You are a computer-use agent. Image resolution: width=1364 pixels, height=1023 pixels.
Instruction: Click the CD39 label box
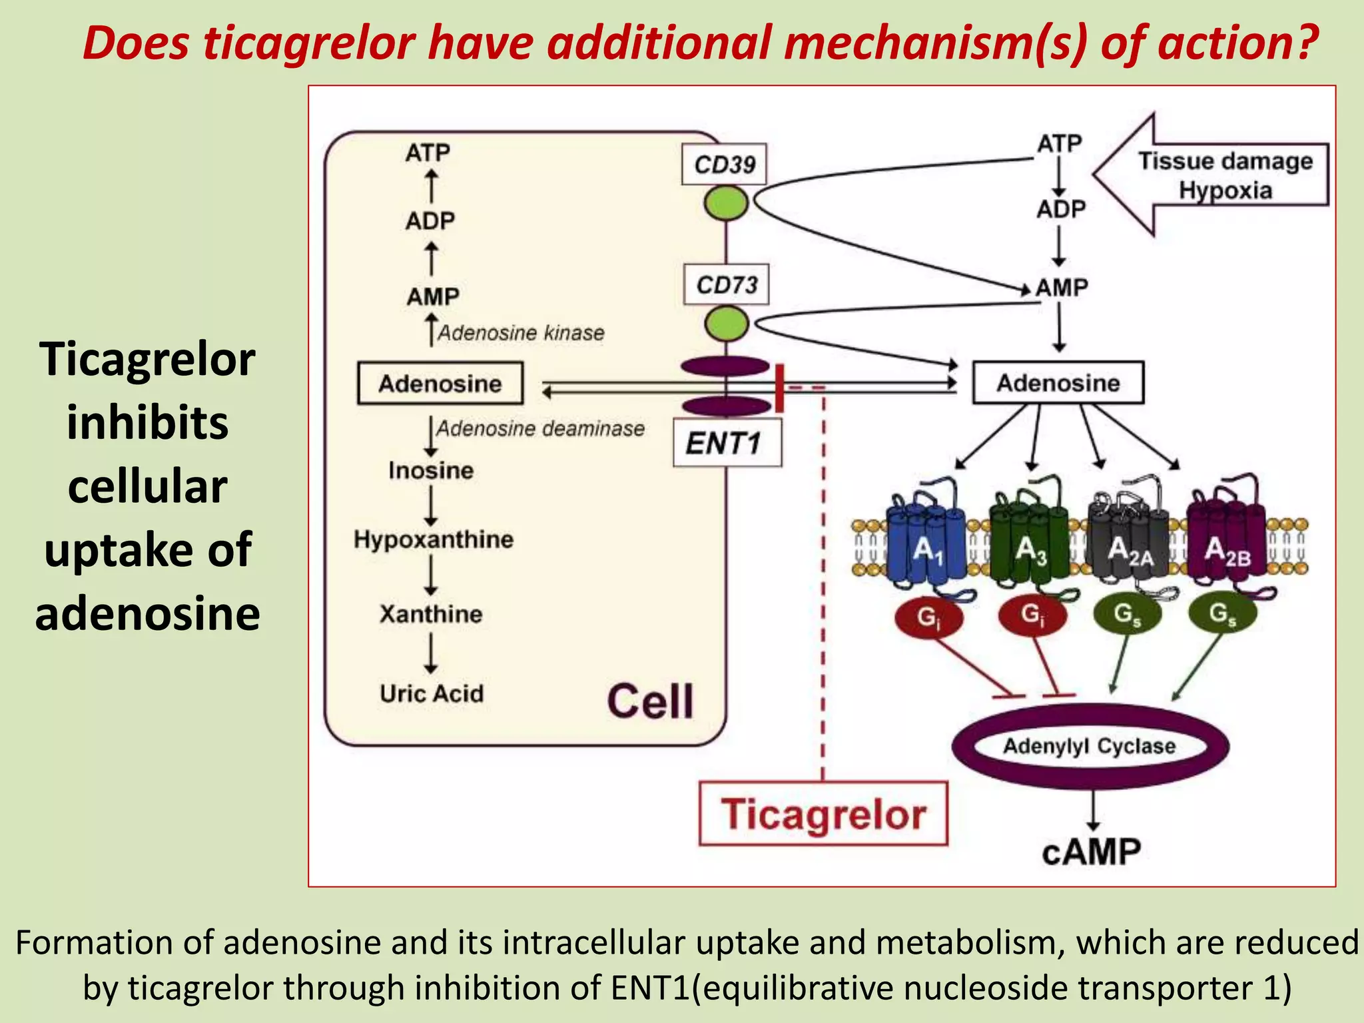pos(724,164)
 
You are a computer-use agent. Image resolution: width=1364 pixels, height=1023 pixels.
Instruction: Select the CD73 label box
pos(726,285)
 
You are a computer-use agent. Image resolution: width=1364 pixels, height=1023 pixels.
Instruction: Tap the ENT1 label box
pos(727,443)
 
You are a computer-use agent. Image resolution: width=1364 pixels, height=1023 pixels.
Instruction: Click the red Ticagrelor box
pos(823,814)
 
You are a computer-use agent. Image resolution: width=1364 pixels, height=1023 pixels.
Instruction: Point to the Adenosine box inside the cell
pos(440,384)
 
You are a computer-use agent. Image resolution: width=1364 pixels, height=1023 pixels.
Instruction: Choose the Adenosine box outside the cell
pos(1058,383)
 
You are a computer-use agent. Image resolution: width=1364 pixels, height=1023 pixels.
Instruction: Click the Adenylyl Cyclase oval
pos(1090,746)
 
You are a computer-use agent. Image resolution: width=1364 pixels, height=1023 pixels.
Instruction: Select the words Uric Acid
pos(432,693)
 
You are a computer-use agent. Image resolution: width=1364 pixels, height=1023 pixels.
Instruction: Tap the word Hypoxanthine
pos(434,539)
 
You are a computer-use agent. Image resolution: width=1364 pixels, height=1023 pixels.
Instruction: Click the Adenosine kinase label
pos(521,332)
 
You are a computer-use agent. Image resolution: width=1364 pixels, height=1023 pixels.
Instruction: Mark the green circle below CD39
pos(726,203)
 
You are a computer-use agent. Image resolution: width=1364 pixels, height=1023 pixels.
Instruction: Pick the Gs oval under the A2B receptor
pos(1223,613)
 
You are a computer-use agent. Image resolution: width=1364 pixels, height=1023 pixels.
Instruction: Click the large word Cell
pos(650,701)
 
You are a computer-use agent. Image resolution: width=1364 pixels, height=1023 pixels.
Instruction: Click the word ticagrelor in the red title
pos(309,43)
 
